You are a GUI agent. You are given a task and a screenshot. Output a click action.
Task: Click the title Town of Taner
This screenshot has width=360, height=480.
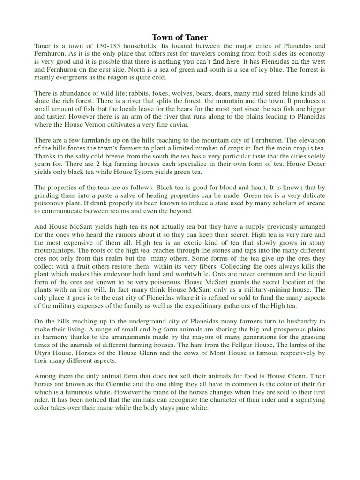pos(180,37)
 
